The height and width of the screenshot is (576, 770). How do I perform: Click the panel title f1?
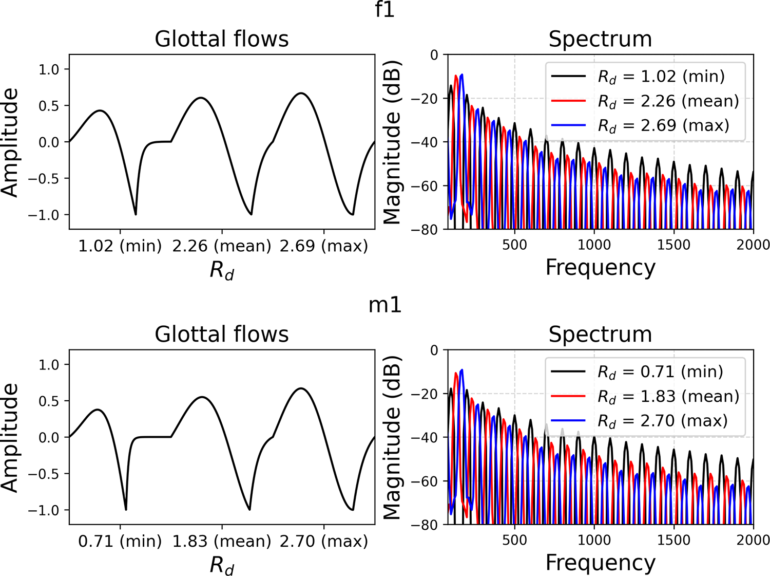[x=385, y=9]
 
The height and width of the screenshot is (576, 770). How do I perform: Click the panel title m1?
[x=385, y=305]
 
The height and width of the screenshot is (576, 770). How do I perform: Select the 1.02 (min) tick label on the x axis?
[x=120, y=246]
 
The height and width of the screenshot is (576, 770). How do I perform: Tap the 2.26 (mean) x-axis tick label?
[x=222, y=246]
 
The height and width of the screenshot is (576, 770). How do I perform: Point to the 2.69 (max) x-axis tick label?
[x=323, y=246]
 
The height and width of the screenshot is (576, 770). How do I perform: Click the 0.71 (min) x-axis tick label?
[x=120, y=541]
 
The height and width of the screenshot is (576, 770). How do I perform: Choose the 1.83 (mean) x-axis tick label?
[x=222, y=541]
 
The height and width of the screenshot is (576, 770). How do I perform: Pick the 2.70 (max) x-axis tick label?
[x=323, y=541]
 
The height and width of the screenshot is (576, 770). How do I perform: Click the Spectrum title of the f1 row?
[x=600, y=39]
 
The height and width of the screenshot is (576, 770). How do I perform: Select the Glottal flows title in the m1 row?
[x=222, y=335]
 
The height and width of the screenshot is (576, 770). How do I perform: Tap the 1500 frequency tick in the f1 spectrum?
[x=673, y=245]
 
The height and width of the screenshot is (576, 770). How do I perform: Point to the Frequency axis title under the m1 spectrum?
[x=600, y=563]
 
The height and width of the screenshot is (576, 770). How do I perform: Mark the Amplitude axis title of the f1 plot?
[x=10, y=142]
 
